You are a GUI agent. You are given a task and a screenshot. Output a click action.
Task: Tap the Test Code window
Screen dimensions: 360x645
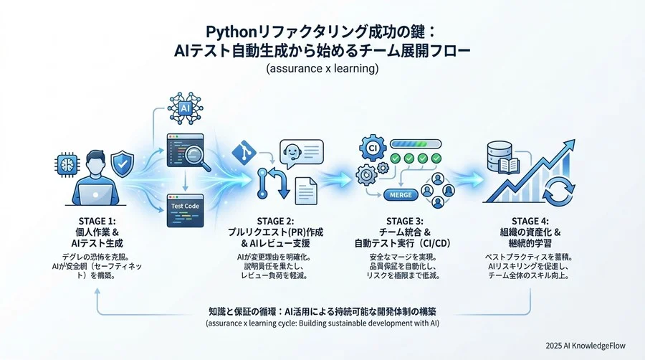185,207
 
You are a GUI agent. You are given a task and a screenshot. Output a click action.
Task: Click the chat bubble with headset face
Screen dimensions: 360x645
300,153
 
